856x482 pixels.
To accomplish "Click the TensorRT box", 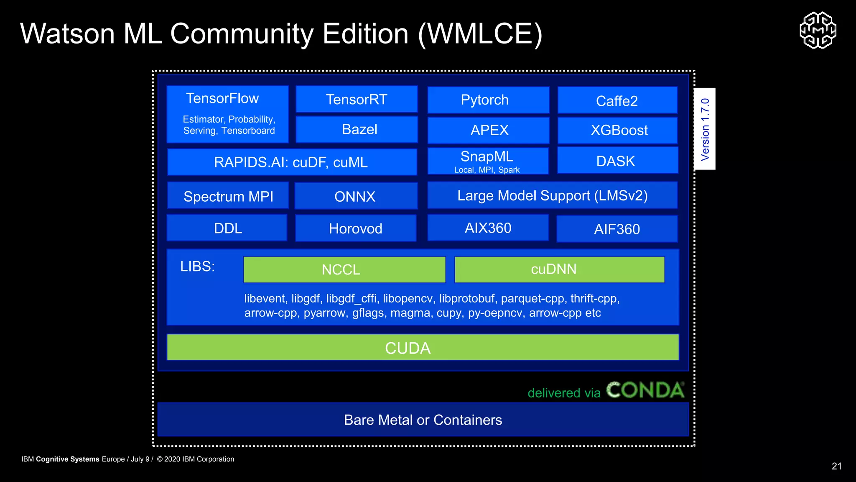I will [357, 100].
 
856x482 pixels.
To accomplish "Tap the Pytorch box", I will [488, 100].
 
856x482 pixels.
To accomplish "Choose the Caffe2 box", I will [617, 100].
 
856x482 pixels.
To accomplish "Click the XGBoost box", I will [617, 130].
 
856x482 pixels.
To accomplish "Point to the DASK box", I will [617, 161].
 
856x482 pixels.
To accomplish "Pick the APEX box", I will [488, 130].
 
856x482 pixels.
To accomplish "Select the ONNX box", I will [356, 196].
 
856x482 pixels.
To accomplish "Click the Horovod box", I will [356, 228].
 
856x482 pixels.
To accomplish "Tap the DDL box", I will [227, 228].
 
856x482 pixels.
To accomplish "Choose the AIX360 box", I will [488, 228].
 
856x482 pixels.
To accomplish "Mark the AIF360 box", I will [617, 229].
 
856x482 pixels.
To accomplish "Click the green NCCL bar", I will [344, 269].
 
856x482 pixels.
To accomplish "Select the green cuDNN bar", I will [559, 269].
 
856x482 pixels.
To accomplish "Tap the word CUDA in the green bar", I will [408, 348].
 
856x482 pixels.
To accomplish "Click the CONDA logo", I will [645, 390].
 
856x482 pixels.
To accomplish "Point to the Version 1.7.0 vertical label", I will [705, 129].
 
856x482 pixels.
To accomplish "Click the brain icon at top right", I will [818, 30].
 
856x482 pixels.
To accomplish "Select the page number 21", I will [836, 466].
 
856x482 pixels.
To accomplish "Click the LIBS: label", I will [197, 267].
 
